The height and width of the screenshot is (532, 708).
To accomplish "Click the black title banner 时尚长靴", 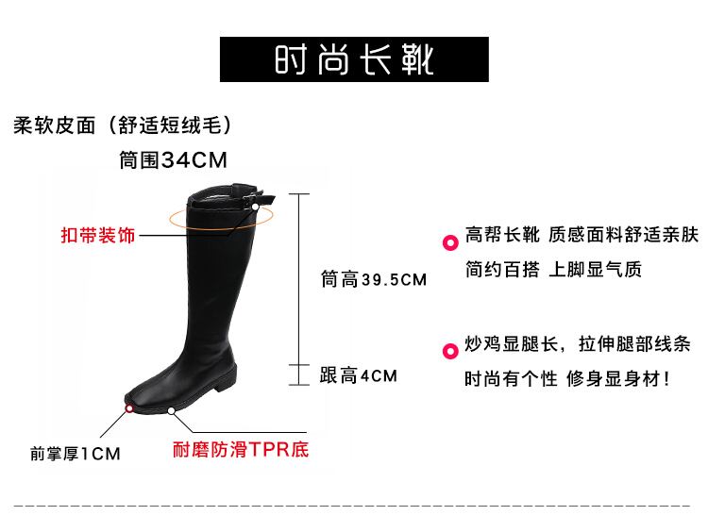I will pos(354,59).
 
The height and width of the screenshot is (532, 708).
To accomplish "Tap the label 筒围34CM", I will pos(174,160).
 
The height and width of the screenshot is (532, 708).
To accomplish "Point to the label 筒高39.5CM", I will pos(374,279).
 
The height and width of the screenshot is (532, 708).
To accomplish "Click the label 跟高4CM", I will pos(359,375).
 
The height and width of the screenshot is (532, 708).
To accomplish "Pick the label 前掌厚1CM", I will pos(76,454).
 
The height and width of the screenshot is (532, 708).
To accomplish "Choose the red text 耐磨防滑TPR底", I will pos(240,449).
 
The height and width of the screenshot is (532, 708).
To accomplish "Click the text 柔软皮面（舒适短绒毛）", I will pos(124,125).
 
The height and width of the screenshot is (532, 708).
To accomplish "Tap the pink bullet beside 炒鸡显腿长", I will pos(450,352).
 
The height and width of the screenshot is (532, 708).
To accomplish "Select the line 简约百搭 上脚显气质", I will pos(553,270).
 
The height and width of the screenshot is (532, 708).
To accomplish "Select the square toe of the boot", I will pos(142,389).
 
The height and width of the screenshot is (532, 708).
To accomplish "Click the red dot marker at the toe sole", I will pos(129,408).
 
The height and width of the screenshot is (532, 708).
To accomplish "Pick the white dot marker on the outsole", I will pos(172,411).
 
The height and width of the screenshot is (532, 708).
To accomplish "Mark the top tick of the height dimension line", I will pos(299,194).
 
